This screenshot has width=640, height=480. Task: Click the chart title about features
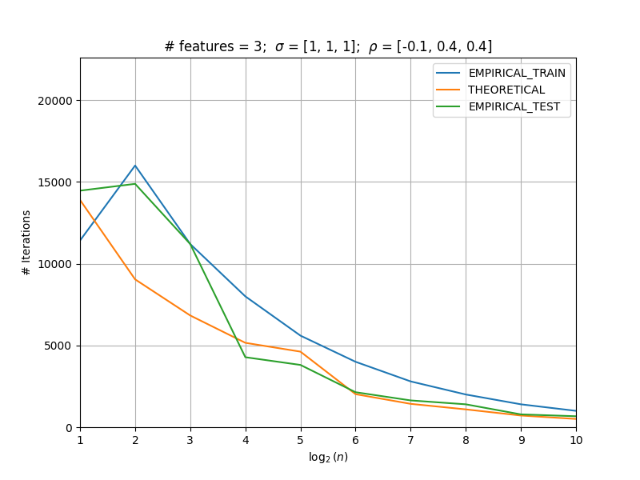click(328, 46)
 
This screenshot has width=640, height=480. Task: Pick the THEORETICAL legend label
click(506, 90)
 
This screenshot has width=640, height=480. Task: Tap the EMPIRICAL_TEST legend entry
click(514, 106)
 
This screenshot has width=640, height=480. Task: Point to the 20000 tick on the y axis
click(54, 101)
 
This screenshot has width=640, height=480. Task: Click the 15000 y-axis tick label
click(54, 182)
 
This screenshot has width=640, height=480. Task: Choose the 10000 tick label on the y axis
click(54, 264)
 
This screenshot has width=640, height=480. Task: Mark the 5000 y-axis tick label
click(58, 346)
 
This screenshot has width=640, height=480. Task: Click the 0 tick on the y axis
click(69, 428)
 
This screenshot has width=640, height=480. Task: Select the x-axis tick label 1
click(80, 440)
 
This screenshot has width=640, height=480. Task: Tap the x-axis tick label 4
click(246, 440)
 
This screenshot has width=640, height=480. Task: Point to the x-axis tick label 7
click(410, 440)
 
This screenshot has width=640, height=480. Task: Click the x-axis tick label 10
click(576, 440)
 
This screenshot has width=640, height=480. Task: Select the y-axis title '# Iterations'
click(26, 243)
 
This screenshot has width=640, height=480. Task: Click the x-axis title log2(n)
click(328, 457)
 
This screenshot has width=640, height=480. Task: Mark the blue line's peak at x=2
click(135, 166)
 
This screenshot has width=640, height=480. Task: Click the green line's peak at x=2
click(135, 184)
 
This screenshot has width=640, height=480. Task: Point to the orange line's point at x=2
click(135, 279)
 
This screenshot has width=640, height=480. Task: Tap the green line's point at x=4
click(246, 357)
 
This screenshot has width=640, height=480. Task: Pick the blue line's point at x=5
click(301, 336)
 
